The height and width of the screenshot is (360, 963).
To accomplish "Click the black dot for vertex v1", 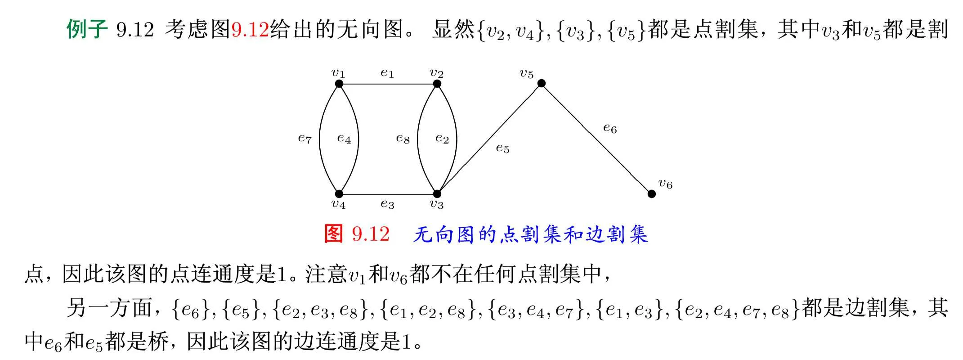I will pos(339,84).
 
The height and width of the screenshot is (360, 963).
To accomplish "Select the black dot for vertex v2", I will pos(437,84).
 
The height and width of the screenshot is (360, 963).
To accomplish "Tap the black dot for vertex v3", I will pos(437,194).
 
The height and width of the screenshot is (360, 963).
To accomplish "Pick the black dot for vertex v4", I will pos(339,194).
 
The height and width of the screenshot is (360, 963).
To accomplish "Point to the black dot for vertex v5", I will pos(542,83).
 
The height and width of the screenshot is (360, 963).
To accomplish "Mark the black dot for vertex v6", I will pos(651,194).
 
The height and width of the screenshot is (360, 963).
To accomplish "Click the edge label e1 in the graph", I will pos(387,73).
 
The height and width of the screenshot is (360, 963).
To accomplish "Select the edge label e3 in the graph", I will pos(387,204).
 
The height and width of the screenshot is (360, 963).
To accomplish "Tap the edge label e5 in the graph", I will pos(502,148).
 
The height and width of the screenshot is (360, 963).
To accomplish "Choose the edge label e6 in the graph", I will pos(610,129).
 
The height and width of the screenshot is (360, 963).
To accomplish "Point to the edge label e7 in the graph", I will pos(305,139).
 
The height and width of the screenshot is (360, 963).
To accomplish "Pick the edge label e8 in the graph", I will pos(403,139).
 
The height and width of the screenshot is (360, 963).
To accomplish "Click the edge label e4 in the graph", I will pos(344,139).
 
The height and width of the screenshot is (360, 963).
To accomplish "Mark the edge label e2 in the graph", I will pos(442,139).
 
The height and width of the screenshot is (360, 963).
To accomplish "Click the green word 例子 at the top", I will pos(87,29).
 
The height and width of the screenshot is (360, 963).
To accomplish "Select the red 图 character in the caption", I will pos(334,234).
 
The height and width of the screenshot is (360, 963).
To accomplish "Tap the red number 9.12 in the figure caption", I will pos(371,234).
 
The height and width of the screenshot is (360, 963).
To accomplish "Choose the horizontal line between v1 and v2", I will pos(388,84).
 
